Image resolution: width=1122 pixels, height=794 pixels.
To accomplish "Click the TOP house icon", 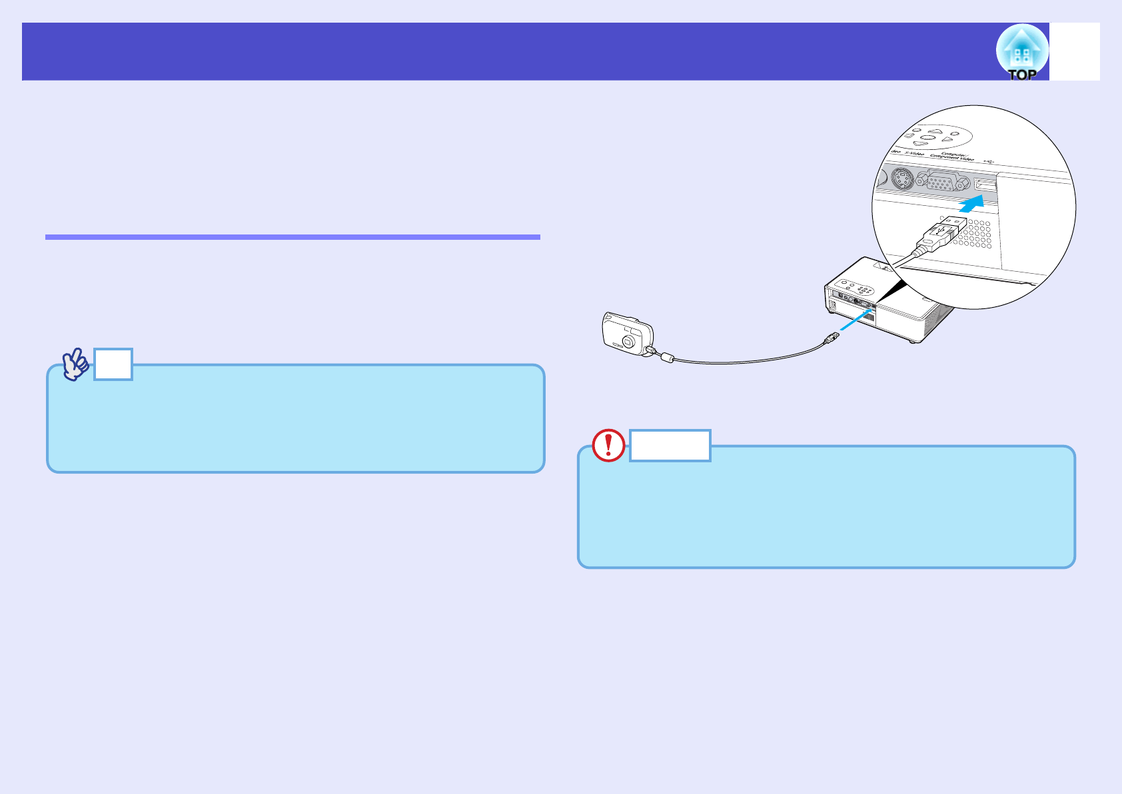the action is (1022, 52).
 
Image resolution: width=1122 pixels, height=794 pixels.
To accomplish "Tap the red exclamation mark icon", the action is (608, 446).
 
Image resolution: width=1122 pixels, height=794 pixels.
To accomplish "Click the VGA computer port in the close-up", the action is (939, 181).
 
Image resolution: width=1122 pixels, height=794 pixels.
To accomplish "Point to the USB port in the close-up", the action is (985, 184).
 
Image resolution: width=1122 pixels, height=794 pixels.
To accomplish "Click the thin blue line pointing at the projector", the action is (855, 319).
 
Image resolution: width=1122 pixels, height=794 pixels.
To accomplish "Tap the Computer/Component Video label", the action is (951, 157).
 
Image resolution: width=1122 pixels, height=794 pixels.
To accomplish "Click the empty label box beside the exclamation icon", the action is (670, 446).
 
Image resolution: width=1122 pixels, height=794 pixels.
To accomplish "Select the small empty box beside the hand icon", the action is (113, 364).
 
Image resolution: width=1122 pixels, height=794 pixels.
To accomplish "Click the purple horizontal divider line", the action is (292, 236).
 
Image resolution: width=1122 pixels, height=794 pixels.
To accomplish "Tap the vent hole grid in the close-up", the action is (973, 233).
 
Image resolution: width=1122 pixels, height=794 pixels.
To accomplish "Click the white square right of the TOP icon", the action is (1074, 52).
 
